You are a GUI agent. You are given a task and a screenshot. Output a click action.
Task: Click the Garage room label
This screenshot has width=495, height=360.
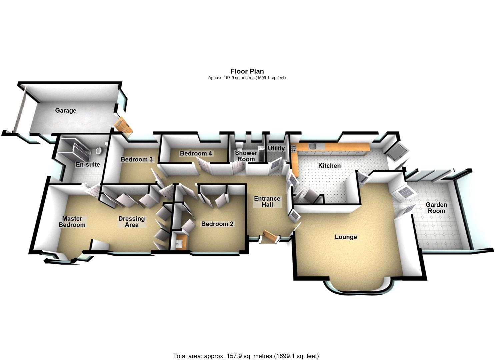66,110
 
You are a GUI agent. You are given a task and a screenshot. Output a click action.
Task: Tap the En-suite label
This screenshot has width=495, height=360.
88,164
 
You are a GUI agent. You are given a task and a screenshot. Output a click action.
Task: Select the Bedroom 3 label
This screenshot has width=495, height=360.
137,159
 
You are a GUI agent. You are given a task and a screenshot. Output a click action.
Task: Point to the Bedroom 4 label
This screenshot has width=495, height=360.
196,153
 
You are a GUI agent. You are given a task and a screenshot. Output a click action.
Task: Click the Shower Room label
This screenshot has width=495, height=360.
246,156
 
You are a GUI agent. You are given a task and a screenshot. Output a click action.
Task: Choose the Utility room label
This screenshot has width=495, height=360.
276,148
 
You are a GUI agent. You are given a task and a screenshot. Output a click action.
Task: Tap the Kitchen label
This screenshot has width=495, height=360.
329,166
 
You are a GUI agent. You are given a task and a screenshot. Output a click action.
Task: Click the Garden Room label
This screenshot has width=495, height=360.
436,208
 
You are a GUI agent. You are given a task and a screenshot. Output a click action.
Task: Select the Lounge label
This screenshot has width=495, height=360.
346,237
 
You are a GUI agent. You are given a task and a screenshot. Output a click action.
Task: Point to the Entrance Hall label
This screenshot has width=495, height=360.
267,202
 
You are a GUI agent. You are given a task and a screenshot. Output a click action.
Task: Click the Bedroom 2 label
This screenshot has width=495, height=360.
217,224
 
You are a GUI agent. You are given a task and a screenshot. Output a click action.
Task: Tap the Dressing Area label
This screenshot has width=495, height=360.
131,222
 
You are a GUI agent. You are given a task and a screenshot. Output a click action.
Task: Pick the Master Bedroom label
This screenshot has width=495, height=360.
72,222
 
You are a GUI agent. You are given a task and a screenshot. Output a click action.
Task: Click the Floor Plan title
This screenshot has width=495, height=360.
247,71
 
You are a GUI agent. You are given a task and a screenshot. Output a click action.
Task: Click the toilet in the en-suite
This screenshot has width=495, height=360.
99,151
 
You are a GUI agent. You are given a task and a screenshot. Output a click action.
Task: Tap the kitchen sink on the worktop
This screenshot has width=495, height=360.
312,146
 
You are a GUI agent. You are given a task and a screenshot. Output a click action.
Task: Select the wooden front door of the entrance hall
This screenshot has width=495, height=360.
271,236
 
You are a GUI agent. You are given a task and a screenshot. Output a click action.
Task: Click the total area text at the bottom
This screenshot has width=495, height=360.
246,356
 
